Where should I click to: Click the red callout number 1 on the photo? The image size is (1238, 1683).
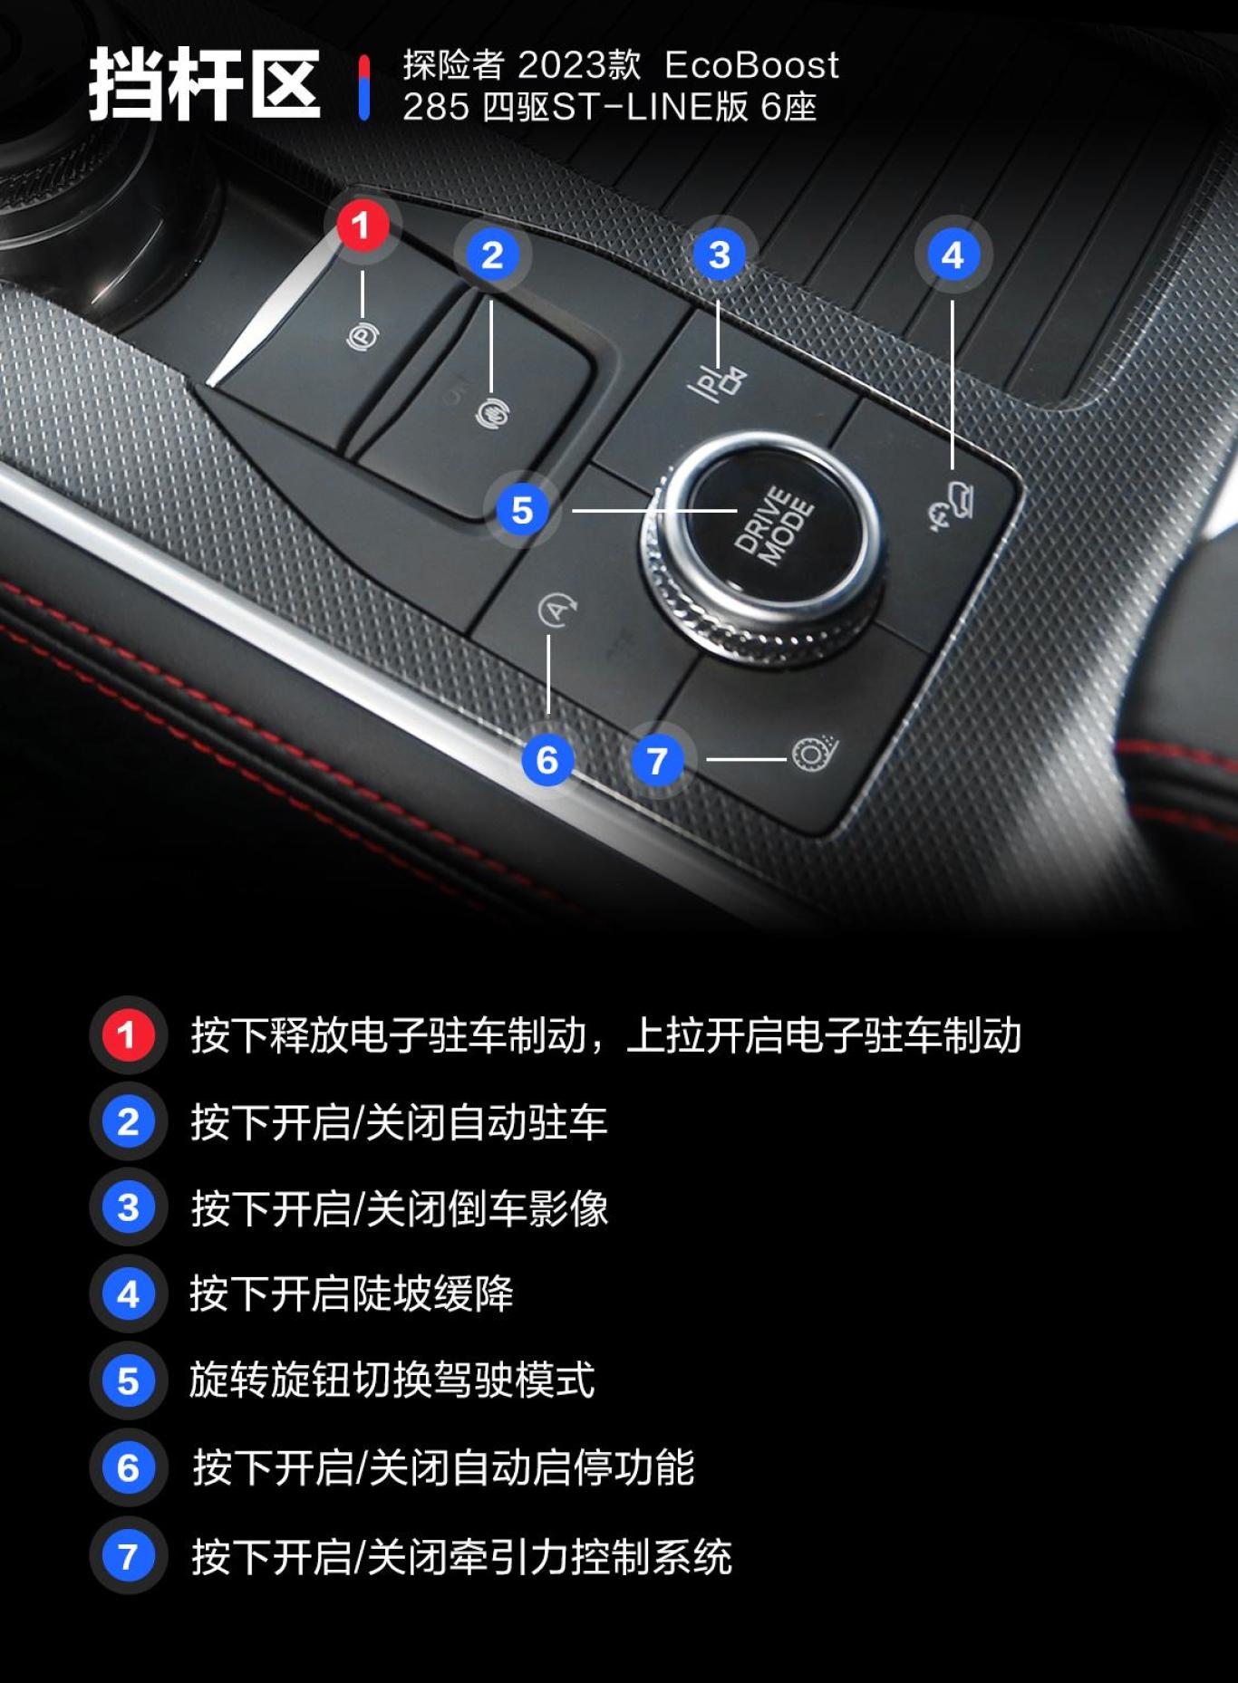[363, 226]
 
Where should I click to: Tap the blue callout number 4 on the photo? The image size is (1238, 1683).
[953, 255]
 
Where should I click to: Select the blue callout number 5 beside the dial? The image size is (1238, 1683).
[522, 510]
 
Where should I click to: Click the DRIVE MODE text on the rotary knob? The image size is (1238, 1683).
[773, 526]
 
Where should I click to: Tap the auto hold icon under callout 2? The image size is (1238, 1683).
[492, 414]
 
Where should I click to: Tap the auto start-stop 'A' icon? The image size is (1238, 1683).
[556, 611]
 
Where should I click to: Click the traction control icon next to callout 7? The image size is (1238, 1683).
[813, 754]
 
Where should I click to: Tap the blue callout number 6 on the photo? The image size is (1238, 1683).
[546, 760]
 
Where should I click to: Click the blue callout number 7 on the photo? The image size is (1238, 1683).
[657, 760]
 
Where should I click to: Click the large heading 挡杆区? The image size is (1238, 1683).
[204, 85]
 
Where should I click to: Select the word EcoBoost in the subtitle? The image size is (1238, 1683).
[751, 65]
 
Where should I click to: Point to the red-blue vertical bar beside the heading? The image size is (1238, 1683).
[363, 88]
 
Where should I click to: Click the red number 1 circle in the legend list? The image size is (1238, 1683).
[128, 1034]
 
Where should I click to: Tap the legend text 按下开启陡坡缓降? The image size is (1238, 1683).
[352, 1294]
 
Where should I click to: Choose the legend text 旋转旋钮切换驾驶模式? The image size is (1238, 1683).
[392, 1380]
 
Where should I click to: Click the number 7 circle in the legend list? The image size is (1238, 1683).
[128, 1555]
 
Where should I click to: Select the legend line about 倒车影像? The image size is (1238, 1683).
[399, 1207]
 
